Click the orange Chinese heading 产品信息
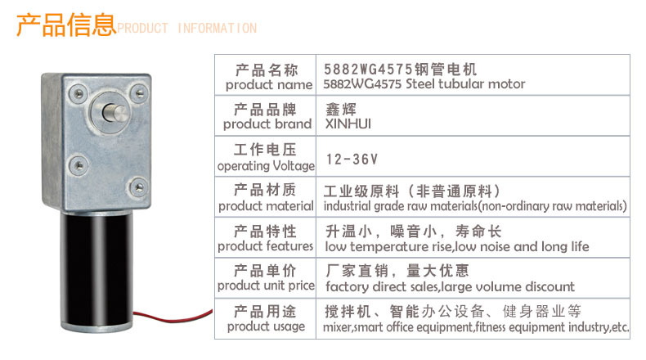pyautogui.click(x=66, y=25)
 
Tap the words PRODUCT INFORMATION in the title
pyautogui.click(x=187, y=28)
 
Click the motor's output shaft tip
pyautogui.click(x=119, y=114)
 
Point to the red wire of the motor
pyautogui.click(x=173, y=317)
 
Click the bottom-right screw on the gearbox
pyautogui.click(x=139, y=187)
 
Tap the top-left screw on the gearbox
pyautogui.click(x=78, y=93)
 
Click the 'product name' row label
pyautogui.click(x=269, y=85)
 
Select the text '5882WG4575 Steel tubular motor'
pyautogui.click(x=424, y=83)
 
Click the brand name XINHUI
pyautogui.click(x=348, y=124)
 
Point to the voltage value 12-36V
pyautogui.click(x=352, y=160)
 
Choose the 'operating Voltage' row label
pyautogui.click(x=266, y=166)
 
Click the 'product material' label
pyautogui.click(x=266, y=206)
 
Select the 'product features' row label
pyautogui.click(x=265, y=246)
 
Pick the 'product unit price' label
pyautogui.click(x=266, y=286)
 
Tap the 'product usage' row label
pyautogui.click(x=266, y=326)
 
